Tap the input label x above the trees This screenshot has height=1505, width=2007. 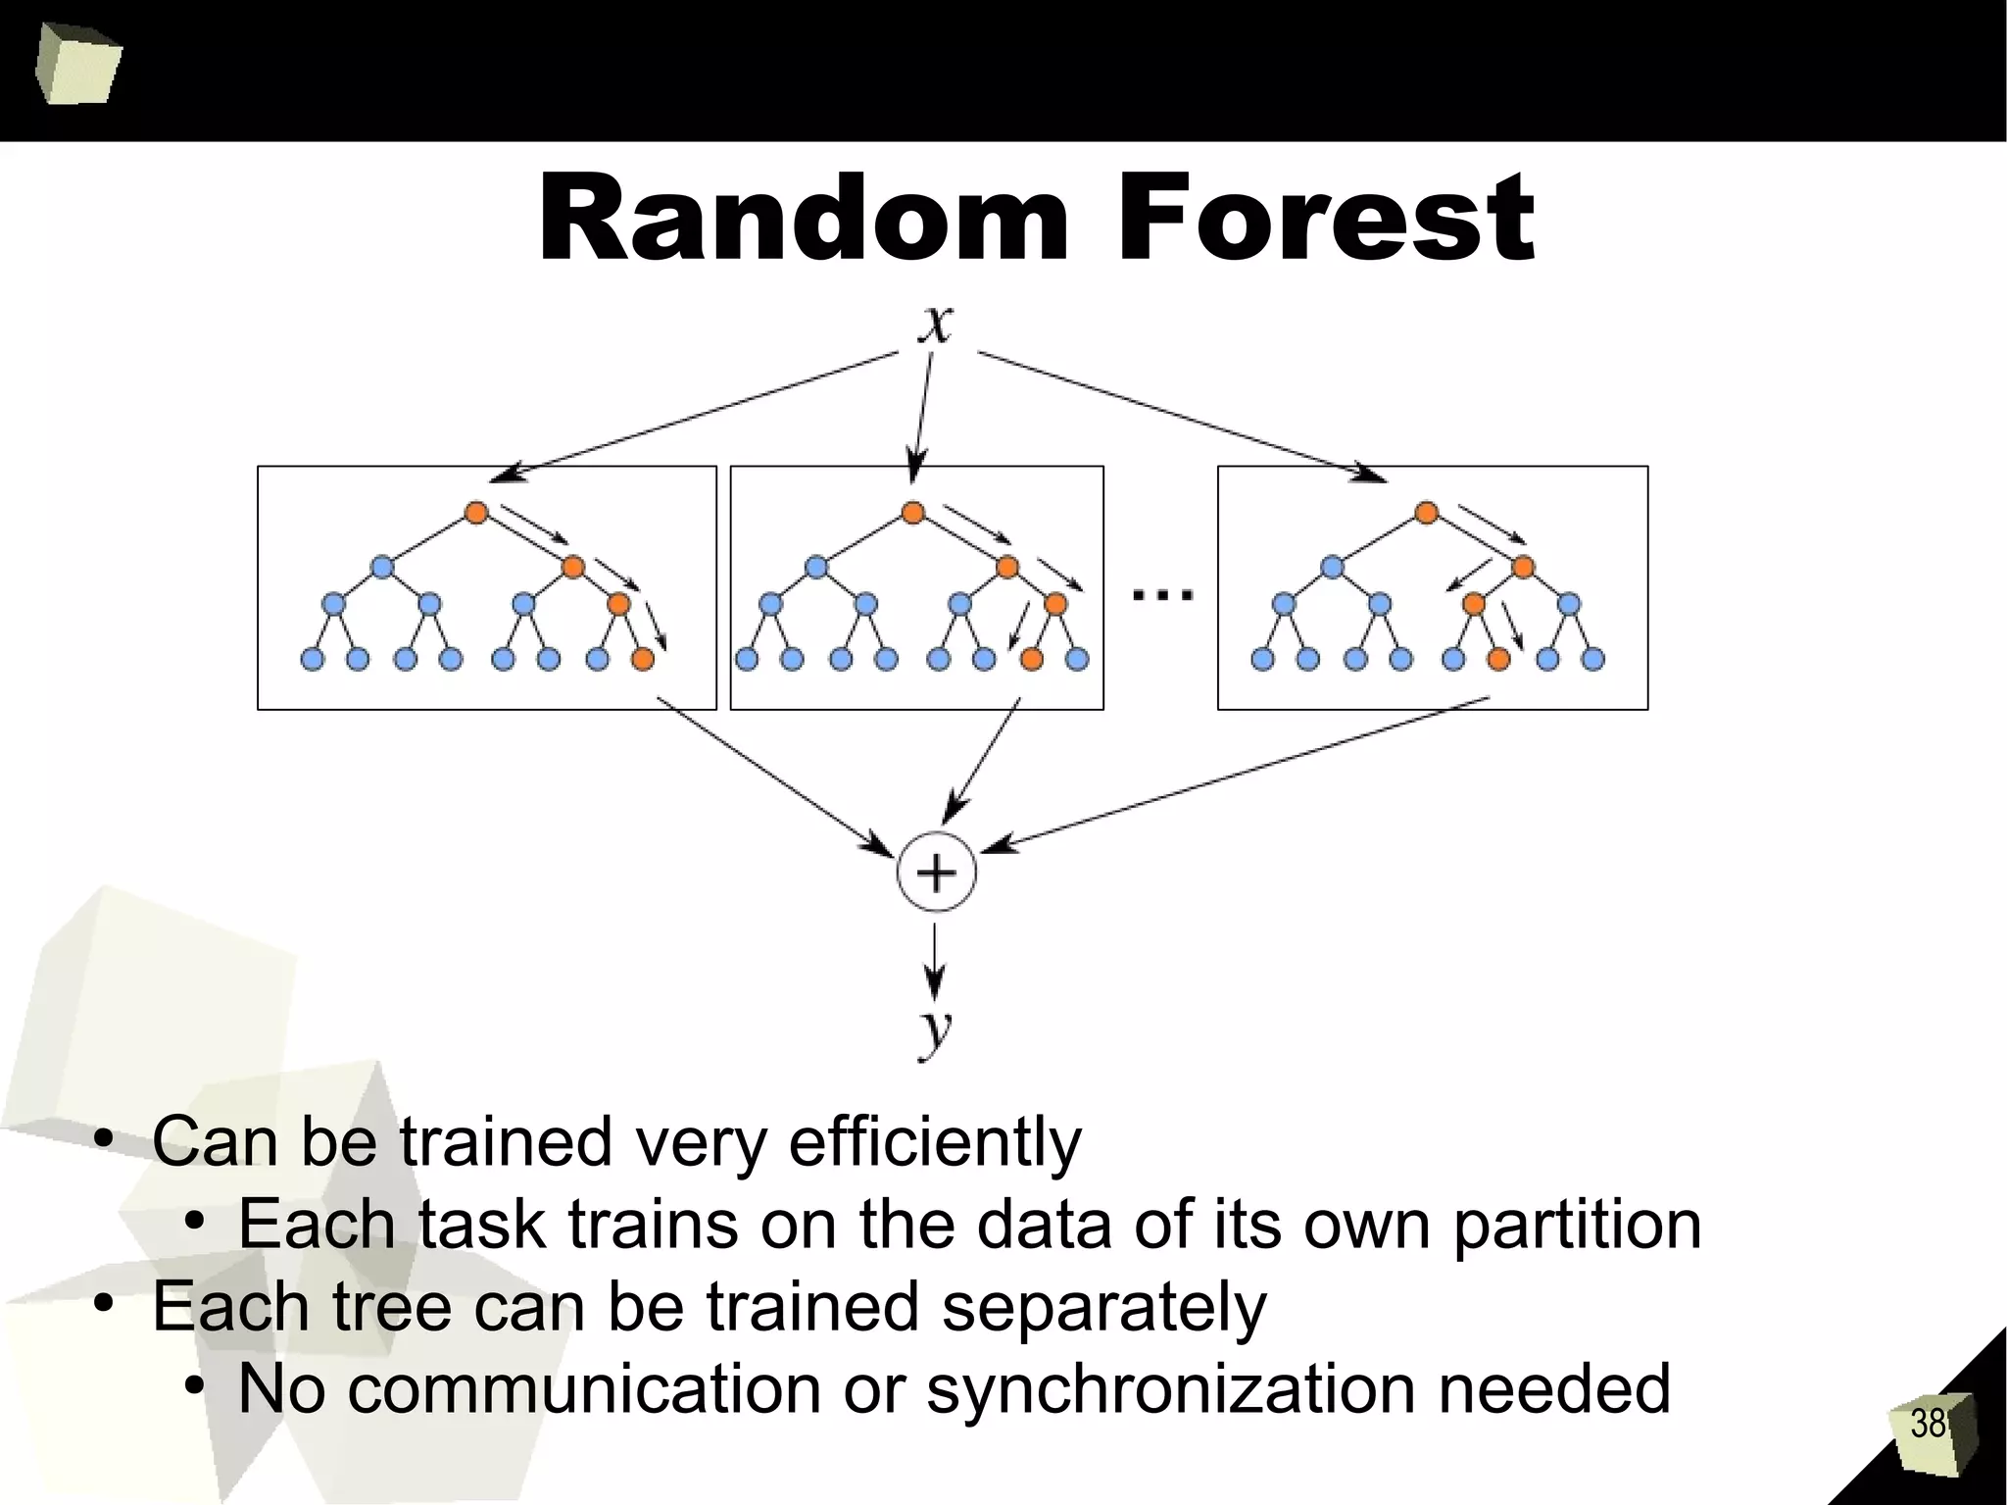(936, 324)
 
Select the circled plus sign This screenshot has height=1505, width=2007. (936, 872)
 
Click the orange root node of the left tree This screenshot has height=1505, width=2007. (476, 512)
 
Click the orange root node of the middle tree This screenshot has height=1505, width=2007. (912, 512)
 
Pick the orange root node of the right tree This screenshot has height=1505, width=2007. (1427, 512)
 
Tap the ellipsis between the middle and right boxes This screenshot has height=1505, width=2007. (1162, 593)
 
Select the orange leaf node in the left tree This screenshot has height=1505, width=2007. (643, 660)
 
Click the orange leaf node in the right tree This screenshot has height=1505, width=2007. (1498, 660)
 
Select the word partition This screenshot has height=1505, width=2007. (1577, 1226)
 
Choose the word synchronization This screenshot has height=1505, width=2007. (1170, 1390)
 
